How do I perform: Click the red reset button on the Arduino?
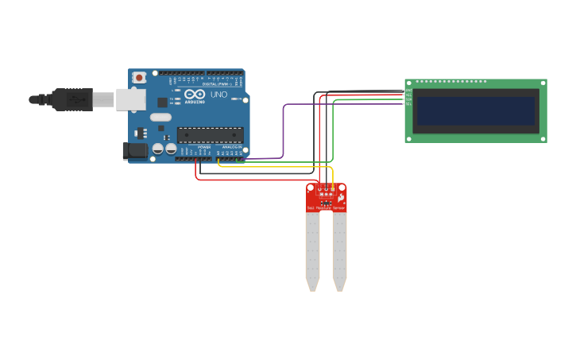tap(139, 78)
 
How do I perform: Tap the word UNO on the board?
tap(218, 95)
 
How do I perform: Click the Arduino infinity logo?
tap(194, 95)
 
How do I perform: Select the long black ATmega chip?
tap(210, 134)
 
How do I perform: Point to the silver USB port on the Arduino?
tap(131, 99)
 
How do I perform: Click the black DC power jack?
tap(136, 149)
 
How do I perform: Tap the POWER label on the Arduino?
tap(203, 146)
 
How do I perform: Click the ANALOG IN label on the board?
tap(231, 146)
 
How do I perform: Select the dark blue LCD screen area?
tap(476, 110)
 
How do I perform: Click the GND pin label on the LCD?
tap(408, 90)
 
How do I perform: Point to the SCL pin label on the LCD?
tap(408, 103)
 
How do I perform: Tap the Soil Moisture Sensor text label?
tap(327, 207)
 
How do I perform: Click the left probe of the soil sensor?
tap(312, 250)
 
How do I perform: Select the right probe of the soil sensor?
tap(339, 250)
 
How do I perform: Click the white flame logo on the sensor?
tap(341, 196)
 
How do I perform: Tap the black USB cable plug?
tap(72, 99)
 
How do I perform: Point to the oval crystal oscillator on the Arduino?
tap(160, 117)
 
